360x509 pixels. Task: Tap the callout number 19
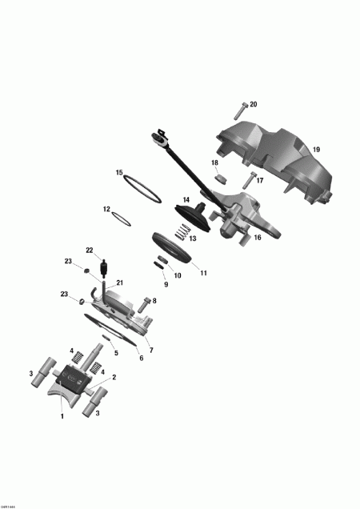pos(316,150)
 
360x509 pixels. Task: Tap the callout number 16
pos(257,238)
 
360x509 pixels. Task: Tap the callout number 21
pos(119,283)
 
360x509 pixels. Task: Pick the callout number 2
pos(114,376)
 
